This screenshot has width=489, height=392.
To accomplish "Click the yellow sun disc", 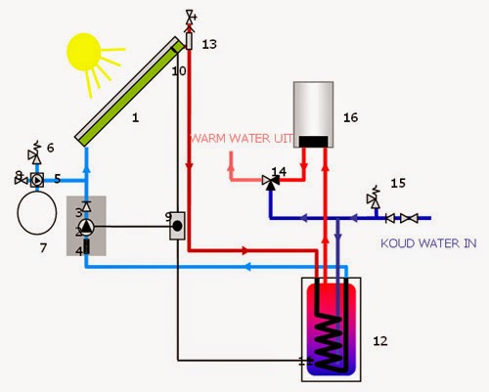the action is pos(83,52).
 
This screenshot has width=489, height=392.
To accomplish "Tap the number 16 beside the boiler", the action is pos(350,117).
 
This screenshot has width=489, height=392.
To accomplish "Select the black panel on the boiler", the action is pos(313,142).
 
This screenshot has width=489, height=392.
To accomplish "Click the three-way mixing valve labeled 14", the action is pos(271,181).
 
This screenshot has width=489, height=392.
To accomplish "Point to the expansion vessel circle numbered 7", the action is pos(37,212).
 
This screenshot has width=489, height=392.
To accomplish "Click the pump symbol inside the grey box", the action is pos(87,227).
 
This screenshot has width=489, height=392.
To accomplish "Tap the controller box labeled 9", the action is pos(177,226).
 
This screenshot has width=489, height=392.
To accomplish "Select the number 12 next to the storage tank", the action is pos(380,341).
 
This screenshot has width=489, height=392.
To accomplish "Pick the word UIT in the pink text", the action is pos(283,139).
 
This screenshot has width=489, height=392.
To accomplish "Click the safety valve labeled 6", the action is pos(34,154).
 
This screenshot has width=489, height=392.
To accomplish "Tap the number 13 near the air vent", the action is pos(209,44).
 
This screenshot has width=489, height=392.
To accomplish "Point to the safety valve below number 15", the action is pos(374,198).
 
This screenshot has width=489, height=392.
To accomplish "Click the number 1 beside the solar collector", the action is pos(136,117).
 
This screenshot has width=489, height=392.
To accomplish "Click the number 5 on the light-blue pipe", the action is pos(58,179).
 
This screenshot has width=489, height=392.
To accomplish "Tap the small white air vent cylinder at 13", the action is pos(189,41).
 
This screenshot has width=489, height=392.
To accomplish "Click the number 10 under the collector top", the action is pos(179,70).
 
